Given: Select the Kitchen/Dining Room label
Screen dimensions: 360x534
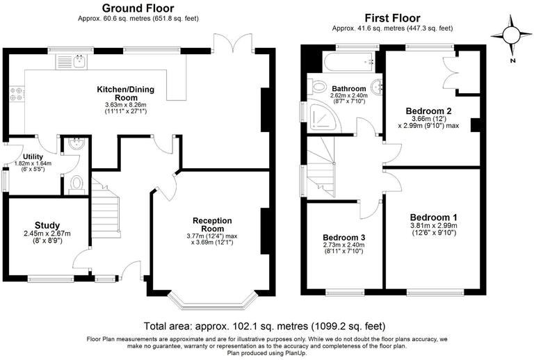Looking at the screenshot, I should tap(125, 94).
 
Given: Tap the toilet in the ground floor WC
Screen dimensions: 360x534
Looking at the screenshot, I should tap(76, 183).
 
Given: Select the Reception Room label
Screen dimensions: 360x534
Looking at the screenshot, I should tap(212, 224).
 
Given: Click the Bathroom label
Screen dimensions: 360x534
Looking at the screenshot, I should tap(348, 89).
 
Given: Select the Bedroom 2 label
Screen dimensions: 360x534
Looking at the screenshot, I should tap(429, 110).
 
